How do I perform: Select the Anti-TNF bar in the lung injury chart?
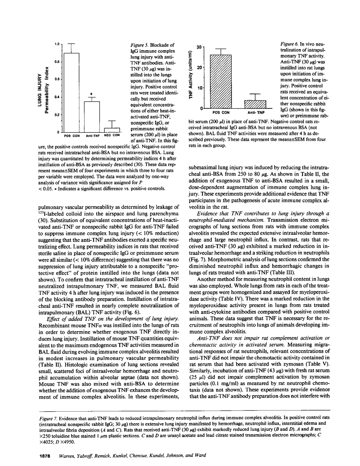tap(92, 116)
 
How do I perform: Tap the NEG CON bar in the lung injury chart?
tap(113, 129)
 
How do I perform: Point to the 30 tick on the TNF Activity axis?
tap(199, 47)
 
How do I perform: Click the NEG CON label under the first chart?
tap(113, 135)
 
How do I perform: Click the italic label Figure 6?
tap(290, 44)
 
